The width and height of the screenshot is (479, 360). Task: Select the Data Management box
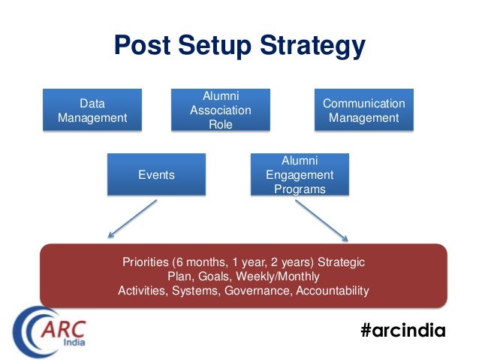point(92,110)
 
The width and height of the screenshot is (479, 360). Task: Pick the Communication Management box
point(363,110)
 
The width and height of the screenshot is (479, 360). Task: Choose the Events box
point(156,175)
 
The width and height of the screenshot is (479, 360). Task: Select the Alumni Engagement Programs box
point(299,175)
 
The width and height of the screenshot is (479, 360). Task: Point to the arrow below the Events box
point(131,222)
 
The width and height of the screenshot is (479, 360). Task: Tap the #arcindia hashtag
point(402,331)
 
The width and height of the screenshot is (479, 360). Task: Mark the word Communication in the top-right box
point(363,104)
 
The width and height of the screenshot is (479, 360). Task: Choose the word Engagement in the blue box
point(299,175)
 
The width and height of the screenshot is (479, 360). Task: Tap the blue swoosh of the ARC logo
point(29,331)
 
